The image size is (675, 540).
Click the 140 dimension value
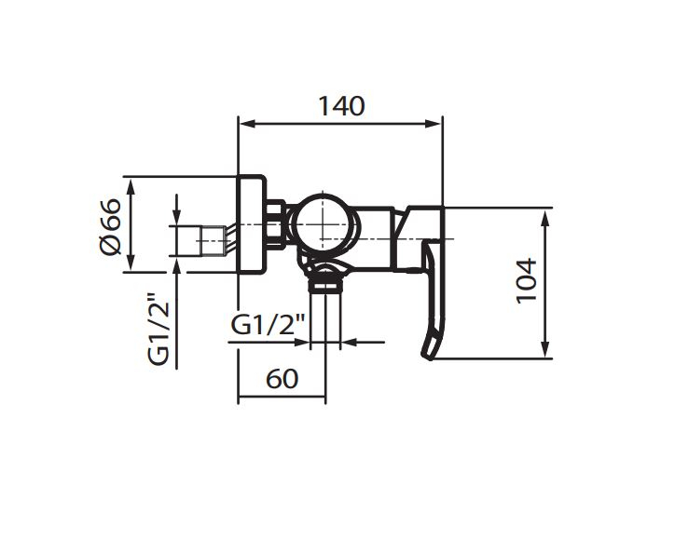click(341, 106)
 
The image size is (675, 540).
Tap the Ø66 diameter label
click(110, 226)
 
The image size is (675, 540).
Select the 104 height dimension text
click(527, 281)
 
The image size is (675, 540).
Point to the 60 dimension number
click(282, 379)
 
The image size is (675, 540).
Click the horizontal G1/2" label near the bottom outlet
click(268, 325)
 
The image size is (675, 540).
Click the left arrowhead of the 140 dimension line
click(247, 124)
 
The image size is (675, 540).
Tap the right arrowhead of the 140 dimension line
click(434, 124)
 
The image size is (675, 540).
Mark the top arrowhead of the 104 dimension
click(545, 220)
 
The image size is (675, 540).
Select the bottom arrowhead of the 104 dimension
click(545, 348)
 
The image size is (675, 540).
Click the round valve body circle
click(323, 224)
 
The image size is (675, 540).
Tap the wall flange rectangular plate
click(252, 224)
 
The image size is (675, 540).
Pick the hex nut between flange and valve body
click(276, 224)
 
